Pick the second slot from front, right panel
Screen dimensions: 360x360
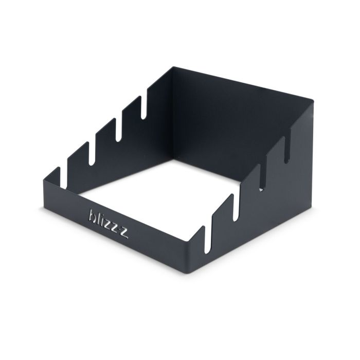tap(236, 208)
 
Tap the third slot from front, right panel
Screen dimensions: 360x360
tap(262, 178)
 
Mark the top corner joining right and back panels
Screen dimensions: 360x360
tap(313, 100)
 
